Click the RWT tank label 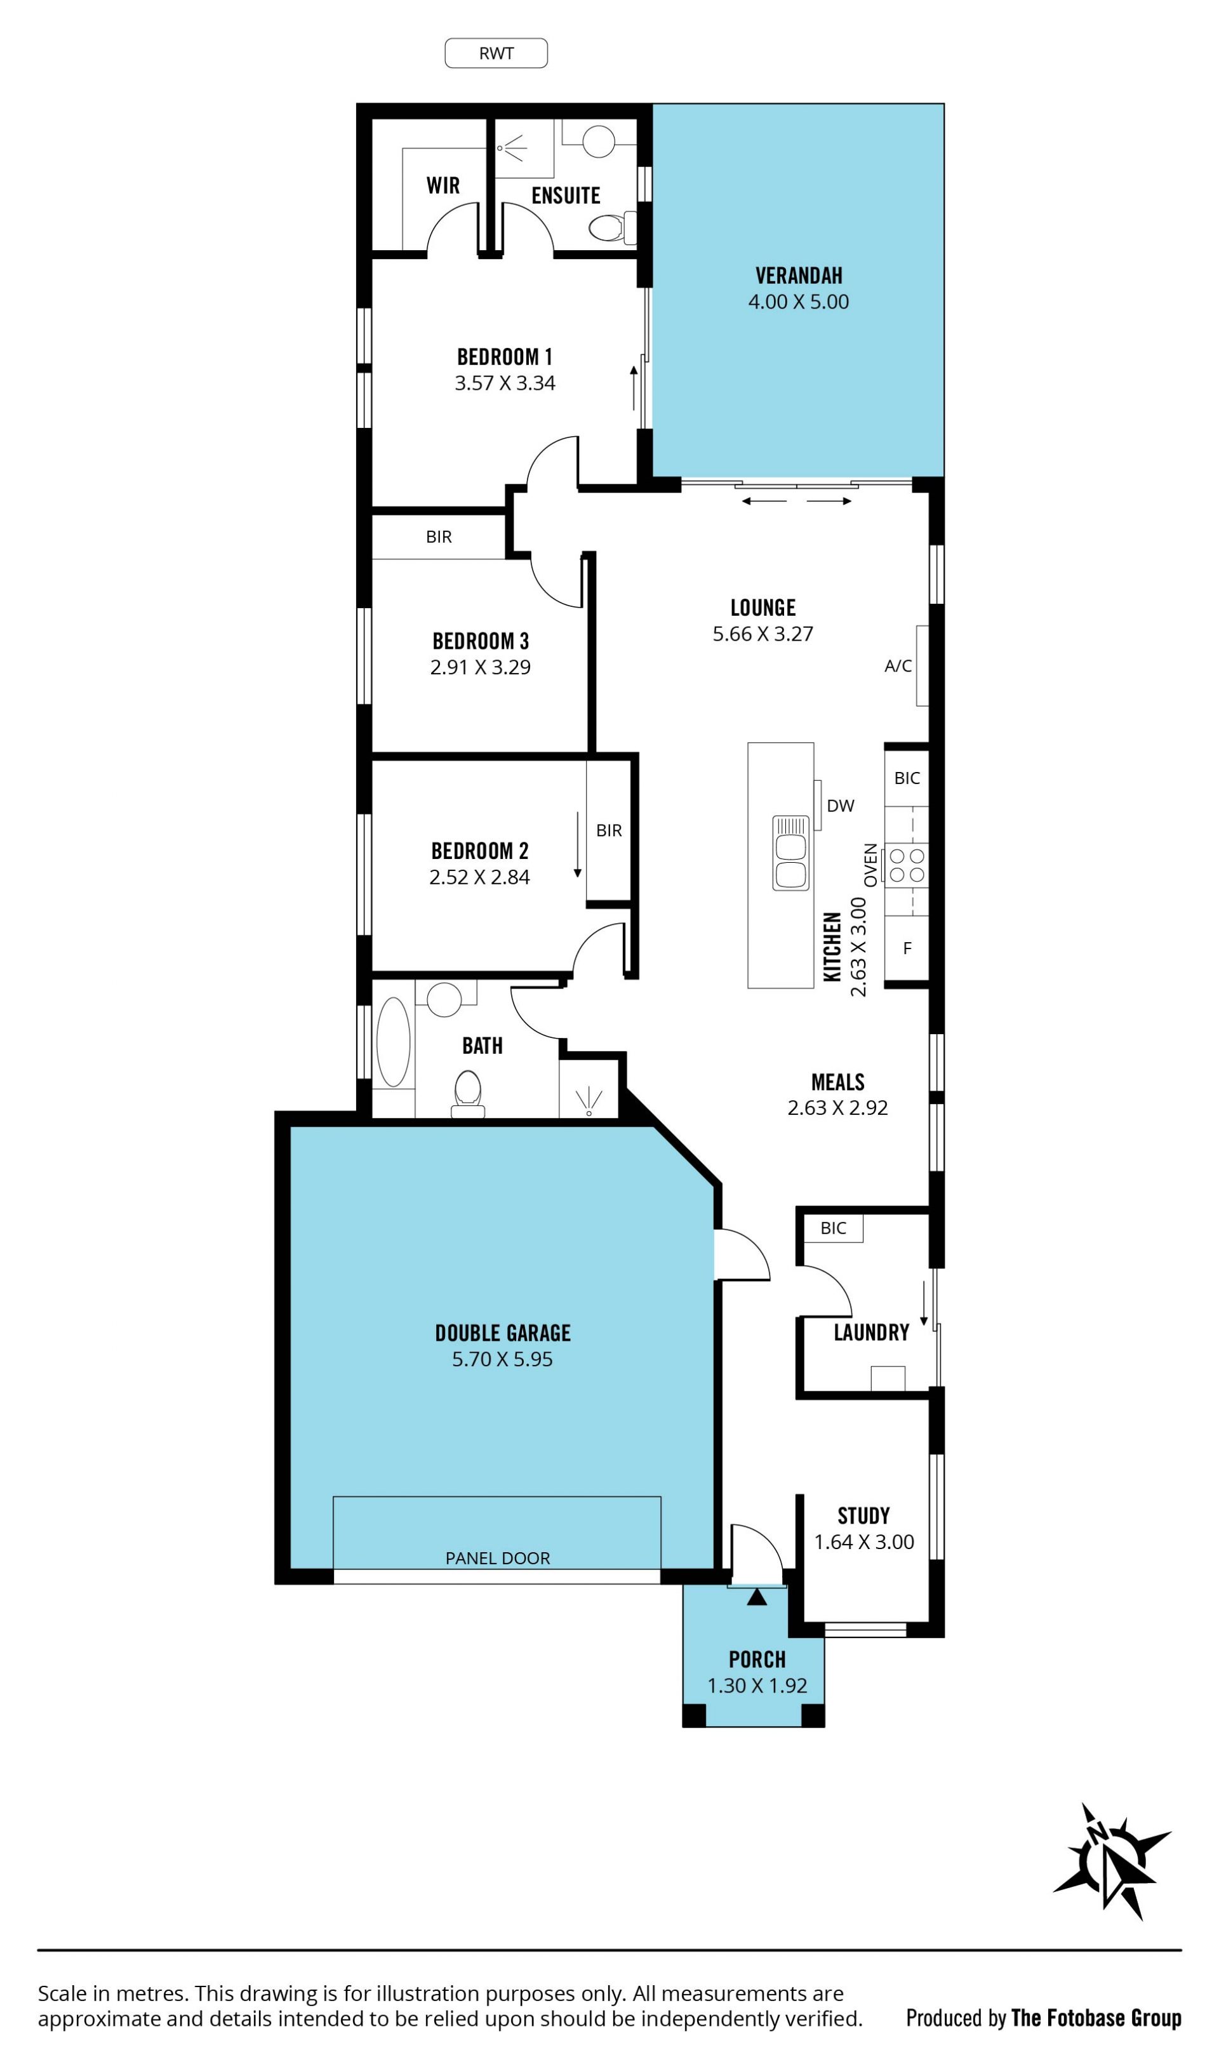(496, 53)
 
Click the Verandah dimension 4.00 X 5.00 (799, 302)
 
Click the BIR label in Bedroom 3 (439, 537)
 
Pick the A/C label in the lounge (898, 666)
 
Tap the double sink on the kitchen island (791, 853)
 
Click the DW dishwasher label (841, 806)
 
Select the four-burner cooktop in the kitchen (907, 865)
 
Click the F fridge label (908, 948)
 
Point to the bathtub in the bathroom (394, 1042)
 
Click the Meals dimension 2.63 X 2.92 (838, 1108)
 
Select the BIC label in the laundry (833, 1228)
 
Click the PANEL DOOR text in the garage (498, 1558)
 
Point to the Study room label (863, 1515)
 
